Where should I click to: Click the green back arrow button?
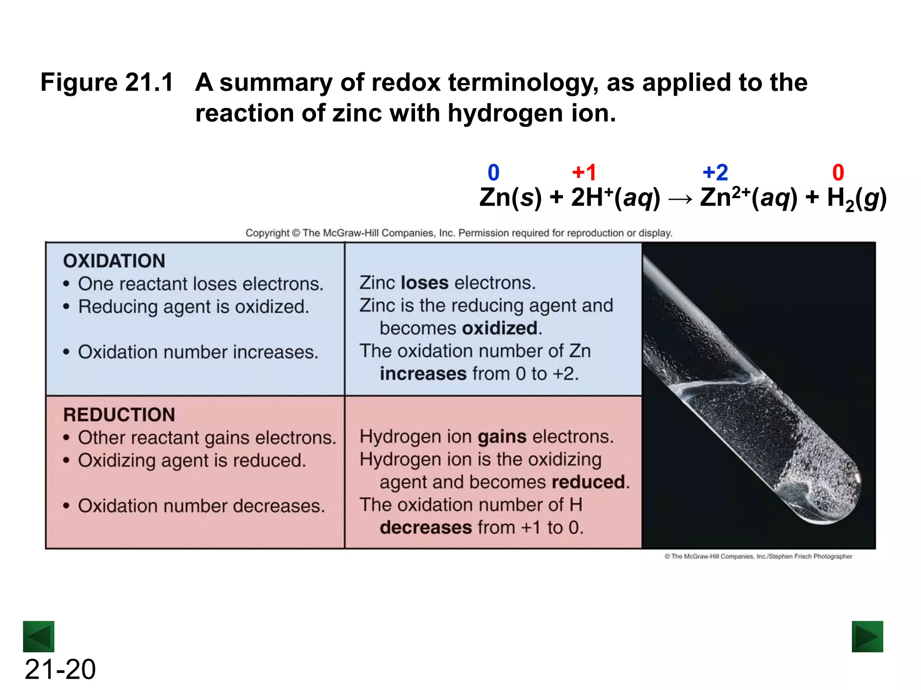tap(39, 636)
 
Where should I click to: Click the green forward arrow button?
tap(867, 636)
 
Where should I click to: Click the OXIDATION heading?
tap(114, 261)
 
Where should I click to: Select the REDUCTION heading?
tap(119, 415)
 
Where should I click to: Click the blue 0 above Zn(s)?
tap(493, 172)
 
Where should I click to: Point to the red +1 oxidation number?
tap(584, 172)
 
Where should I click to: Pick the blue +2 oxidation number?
tap(715, 172)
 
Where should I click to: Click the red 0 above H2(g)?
tap(838, 172)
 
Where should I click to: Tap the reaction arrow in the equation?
tap(680, 199)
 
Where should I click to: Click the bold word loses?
tap(425, 283)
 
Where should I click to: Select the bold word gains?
tap(502, 437)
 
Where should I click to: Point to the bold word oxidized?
tap(500, 328)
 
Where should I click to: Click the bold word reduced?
tap(588, 482)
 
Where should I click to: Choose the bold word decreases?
tap(426, 527)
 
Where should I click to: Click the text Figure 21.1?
tap(107, 83)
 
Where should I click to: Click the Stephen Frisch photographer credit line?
tap(758, 557)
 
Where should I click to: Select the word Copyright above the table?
tap(267, 233)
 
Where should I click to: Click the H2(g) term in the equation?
tap(857, 199)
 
